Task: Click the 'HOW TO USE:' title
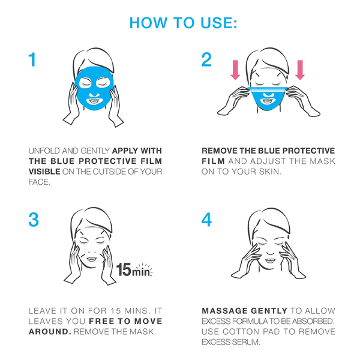(x=183, y=23)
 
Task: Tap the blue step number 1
(x=32, y=59)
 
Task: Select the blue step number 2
(x=206, y=59)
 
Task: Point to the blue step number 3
(x=34, y=220)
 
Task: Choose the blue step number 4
(x=206, y=220)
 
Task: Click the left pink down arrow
(x=235, y=70)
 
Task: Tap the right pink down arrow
(x=300, y=70)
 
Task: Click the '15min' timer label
(x=134, y=270)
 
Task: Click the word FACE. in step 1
(x=39, y=182)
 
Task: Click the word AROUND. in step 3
(x=50, y=332)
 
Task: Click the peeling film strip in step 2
(x=268, y=89)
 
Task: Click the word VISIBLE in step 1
(x=44, y=172)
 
